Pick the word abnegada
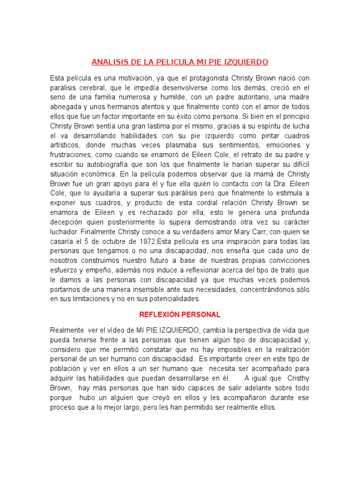(65, 107)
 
